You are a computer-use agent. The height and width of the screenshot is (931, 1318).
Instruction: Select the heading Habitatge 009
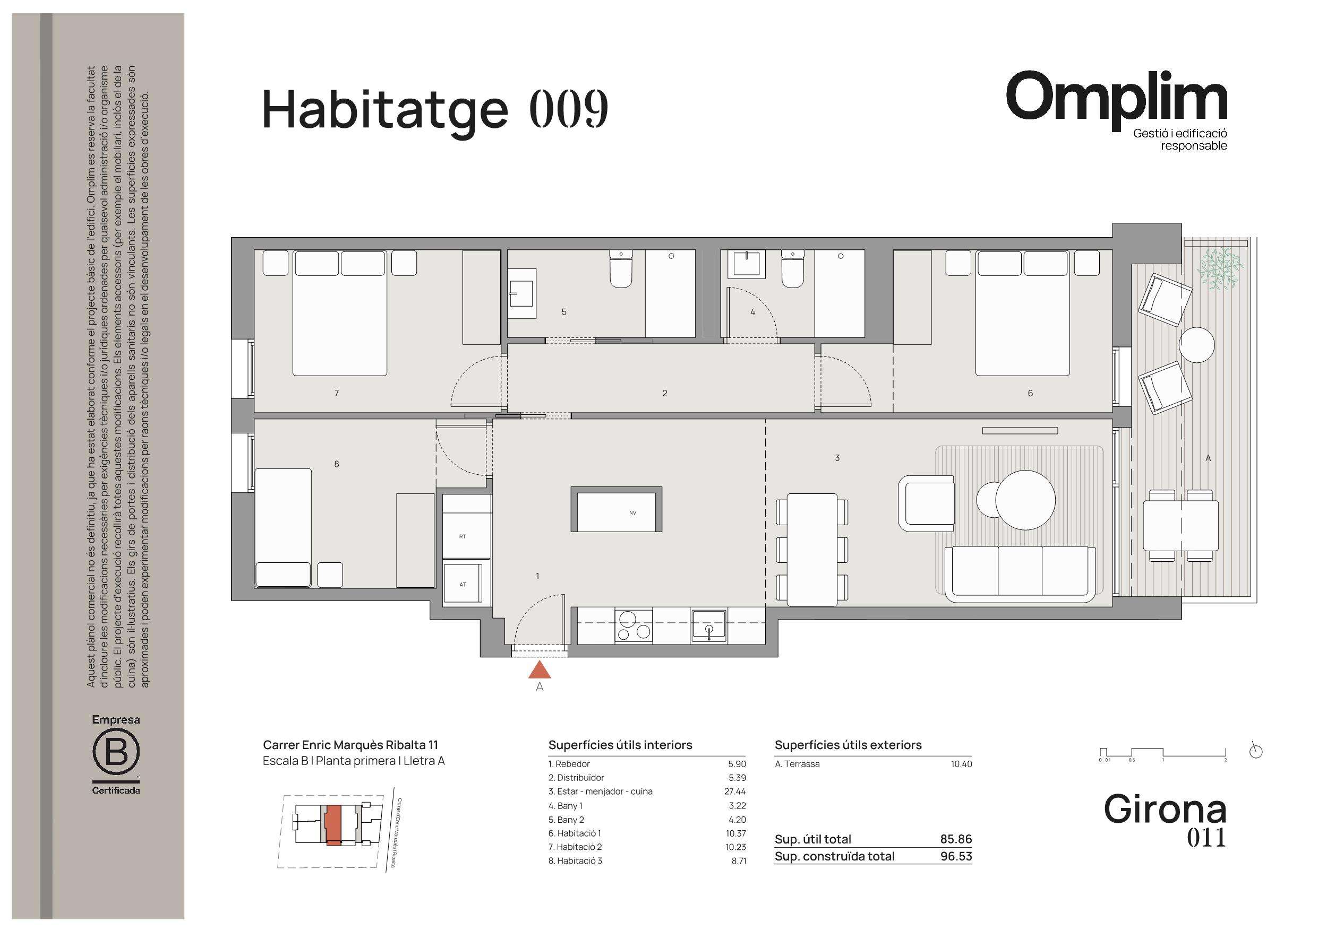click(434, 109)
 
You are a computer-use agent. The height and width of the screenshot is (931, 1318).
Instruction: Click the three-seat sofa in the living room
click(1020, 574)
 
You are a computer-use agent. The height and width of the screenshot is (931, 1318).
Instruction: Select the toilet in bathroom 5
click(621, 269)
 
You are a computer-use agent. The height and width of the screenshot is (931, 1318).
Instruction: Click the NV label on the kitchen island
click(632, 513)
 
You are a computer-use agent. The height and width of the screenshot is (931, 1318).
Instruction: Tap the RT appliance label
click(463, 536)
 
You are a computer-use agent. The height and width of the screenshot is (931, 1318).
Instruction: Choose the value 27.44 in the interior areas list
click(735, 791)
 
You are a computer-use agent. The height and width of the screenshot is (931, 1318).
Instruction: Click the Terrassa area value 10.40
click(961, 764)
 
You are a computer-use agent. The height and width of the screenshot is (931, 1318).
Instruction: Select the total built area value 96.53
click(956, 856)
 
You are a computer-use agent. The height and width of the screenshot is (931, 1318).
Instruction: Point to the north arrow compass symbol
click(1256, 751)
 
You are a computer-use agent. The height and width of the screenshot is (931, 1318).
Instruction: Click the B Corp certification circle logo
click(116, 752)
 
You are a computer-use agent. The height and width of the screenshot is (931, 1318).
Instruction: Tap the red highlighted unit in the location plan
click(333, 825)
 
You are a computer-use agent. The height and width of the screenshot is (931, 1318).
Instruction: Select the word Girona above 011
click(1165, 810)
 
